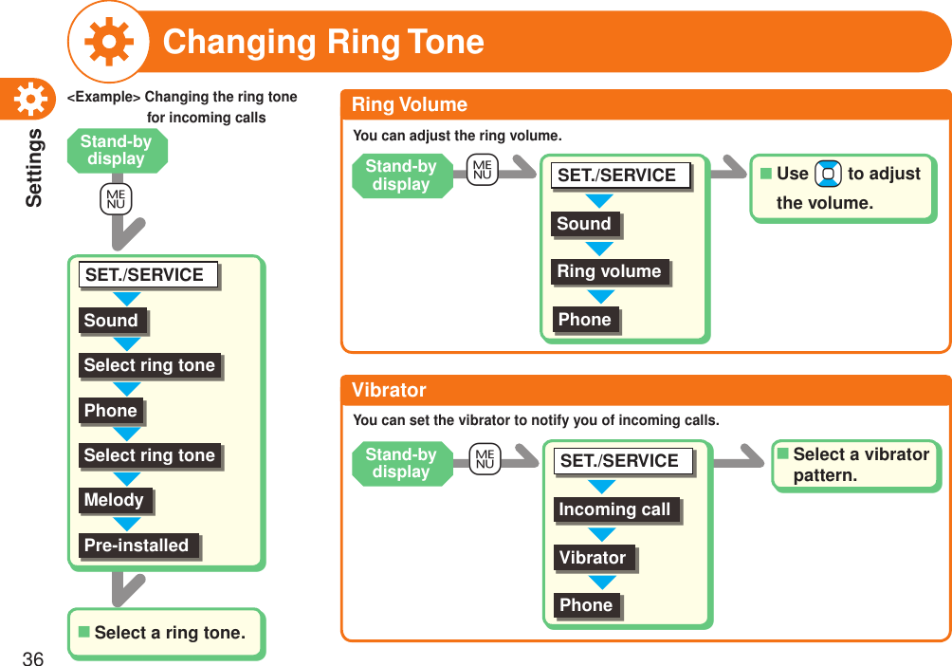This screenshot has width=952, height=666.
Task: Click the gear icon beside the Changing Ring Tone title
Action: tap(108, 41)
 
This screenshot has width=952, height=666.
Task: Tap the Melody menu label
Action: tap(114, 500)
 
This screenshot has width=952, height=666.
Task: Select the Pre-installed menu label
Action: tap(137, 546)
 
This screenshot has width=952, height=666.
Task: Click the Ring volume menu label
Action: tap(609, 271)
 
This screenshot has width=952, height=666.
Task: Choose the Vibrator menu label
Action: tap(593, 558)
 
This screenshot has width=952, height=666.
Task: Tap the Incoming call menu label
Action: tap(614, 509)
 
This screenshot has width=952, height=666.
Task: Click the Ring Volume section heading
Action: tap(410, 104)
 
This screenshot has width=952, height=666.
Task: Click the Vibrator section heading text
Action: tap(389, 390)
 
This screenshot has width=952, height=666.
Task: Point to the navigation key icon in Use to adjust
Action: tap(828, 175)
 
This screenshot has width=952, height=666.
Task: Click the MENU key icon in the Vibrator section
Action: tap(485, 460)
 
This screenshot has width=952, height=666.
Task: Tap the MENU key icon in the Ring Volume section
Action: tap(483, 171)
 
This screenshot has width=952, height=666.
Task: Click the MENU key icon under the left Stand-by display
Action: tap(117, 199)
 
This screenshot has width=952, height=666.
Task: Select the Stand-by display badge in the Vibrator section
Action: tap(402, 463)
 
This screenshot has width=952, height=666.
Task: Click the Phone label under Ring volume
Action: tap(585, 320)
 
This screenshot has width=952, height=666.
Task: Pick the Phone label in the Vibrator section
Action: tap(586, 605)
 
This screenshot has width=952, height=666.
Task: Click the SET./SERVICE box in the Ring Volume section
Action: tap(617, 176)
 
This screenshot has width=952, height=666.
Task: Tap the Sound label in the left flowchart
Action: tap(111, 321)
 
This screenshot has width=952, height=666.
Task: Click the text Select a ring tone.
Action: tap(170, 633)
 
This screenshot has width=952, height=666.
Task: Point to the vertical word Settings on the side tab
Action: tap(33, 167)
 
